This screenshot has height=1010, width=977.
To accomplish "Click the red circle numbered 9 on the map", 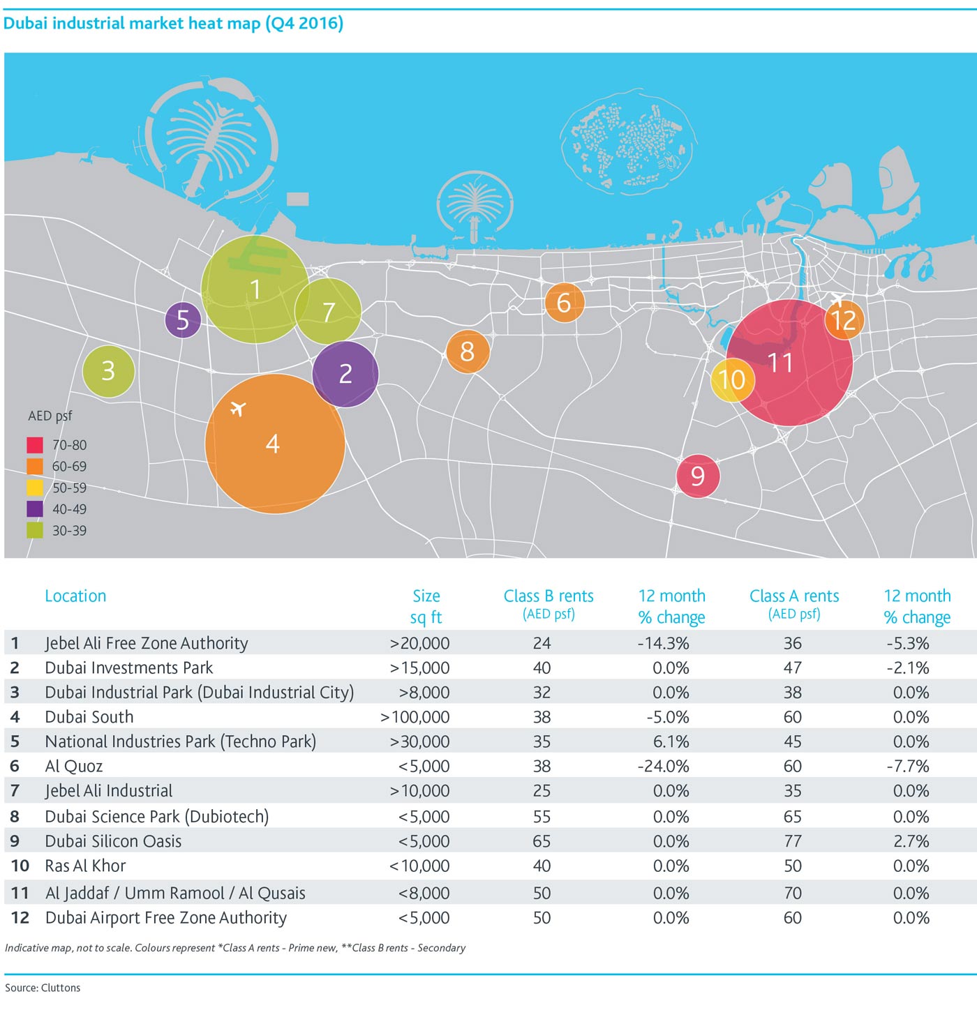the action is pyautogui.click(x=698, y=476).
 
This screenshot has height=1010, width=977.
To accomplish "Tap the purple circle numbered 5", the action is pyautogui.click(x=183, y=320).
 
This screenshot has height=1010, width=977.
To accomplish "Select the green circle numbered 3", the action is pyautogui.click(x=109, y=371).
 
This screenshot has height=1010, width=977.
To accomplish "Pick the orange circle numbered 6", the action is pyautogui.click(x=564, y=303).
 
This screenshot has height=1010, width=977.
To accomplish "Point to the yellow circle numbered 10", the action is pyautogui.click(x=732, y=380).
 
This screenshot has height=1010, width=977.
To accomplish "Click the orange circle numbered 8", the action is pyautogui.click(x=468, y=352).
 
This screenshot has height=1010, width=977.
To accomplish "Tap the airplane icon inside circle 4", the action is pyautogui.click(x=238, y=409).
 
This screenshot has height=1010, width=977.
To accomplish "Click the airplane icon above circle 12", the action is pyautogui.click(x=837, y=299).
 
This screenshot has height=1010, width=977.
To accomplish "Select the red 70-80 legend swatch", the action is pyautogui.click(x=35, y=445).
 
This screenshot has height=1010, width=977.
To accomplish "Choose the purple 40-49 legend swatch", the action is pyautogui.click(x=35, y=508).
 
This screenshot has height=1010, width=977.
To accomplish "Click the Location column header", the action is pyautogui.click(x=75, y=596).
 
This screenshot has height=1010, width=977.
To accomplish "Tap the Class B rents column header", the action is pyautogui.click(x=549, y=603).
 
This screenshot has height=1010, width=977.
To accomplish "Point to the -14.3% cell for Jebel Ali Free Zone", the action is pyautogui.click(x=663, y=644).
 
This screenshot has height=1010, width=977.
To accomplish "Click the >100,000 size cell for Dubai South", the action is pyautogui.click(x=415, y=717).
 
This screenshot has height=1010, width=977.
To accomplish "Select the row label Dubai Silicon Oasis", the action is pyautogui.click(x=113, y=841).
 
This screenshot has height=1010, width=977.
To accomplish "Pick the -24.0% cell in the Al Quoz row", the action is pyautogui.click(x=663, y=767).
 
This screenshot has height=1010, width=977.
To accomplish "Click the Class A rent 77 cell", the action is pyautogui.click(x=793, y=841).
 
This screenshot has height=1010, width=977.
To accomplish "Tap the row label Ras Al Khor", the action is pyautogui.click(x=85, y=866).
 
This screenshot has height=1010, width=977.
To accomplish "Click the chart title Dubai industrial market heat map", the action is pyautogui.click(x=132, y=23).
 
